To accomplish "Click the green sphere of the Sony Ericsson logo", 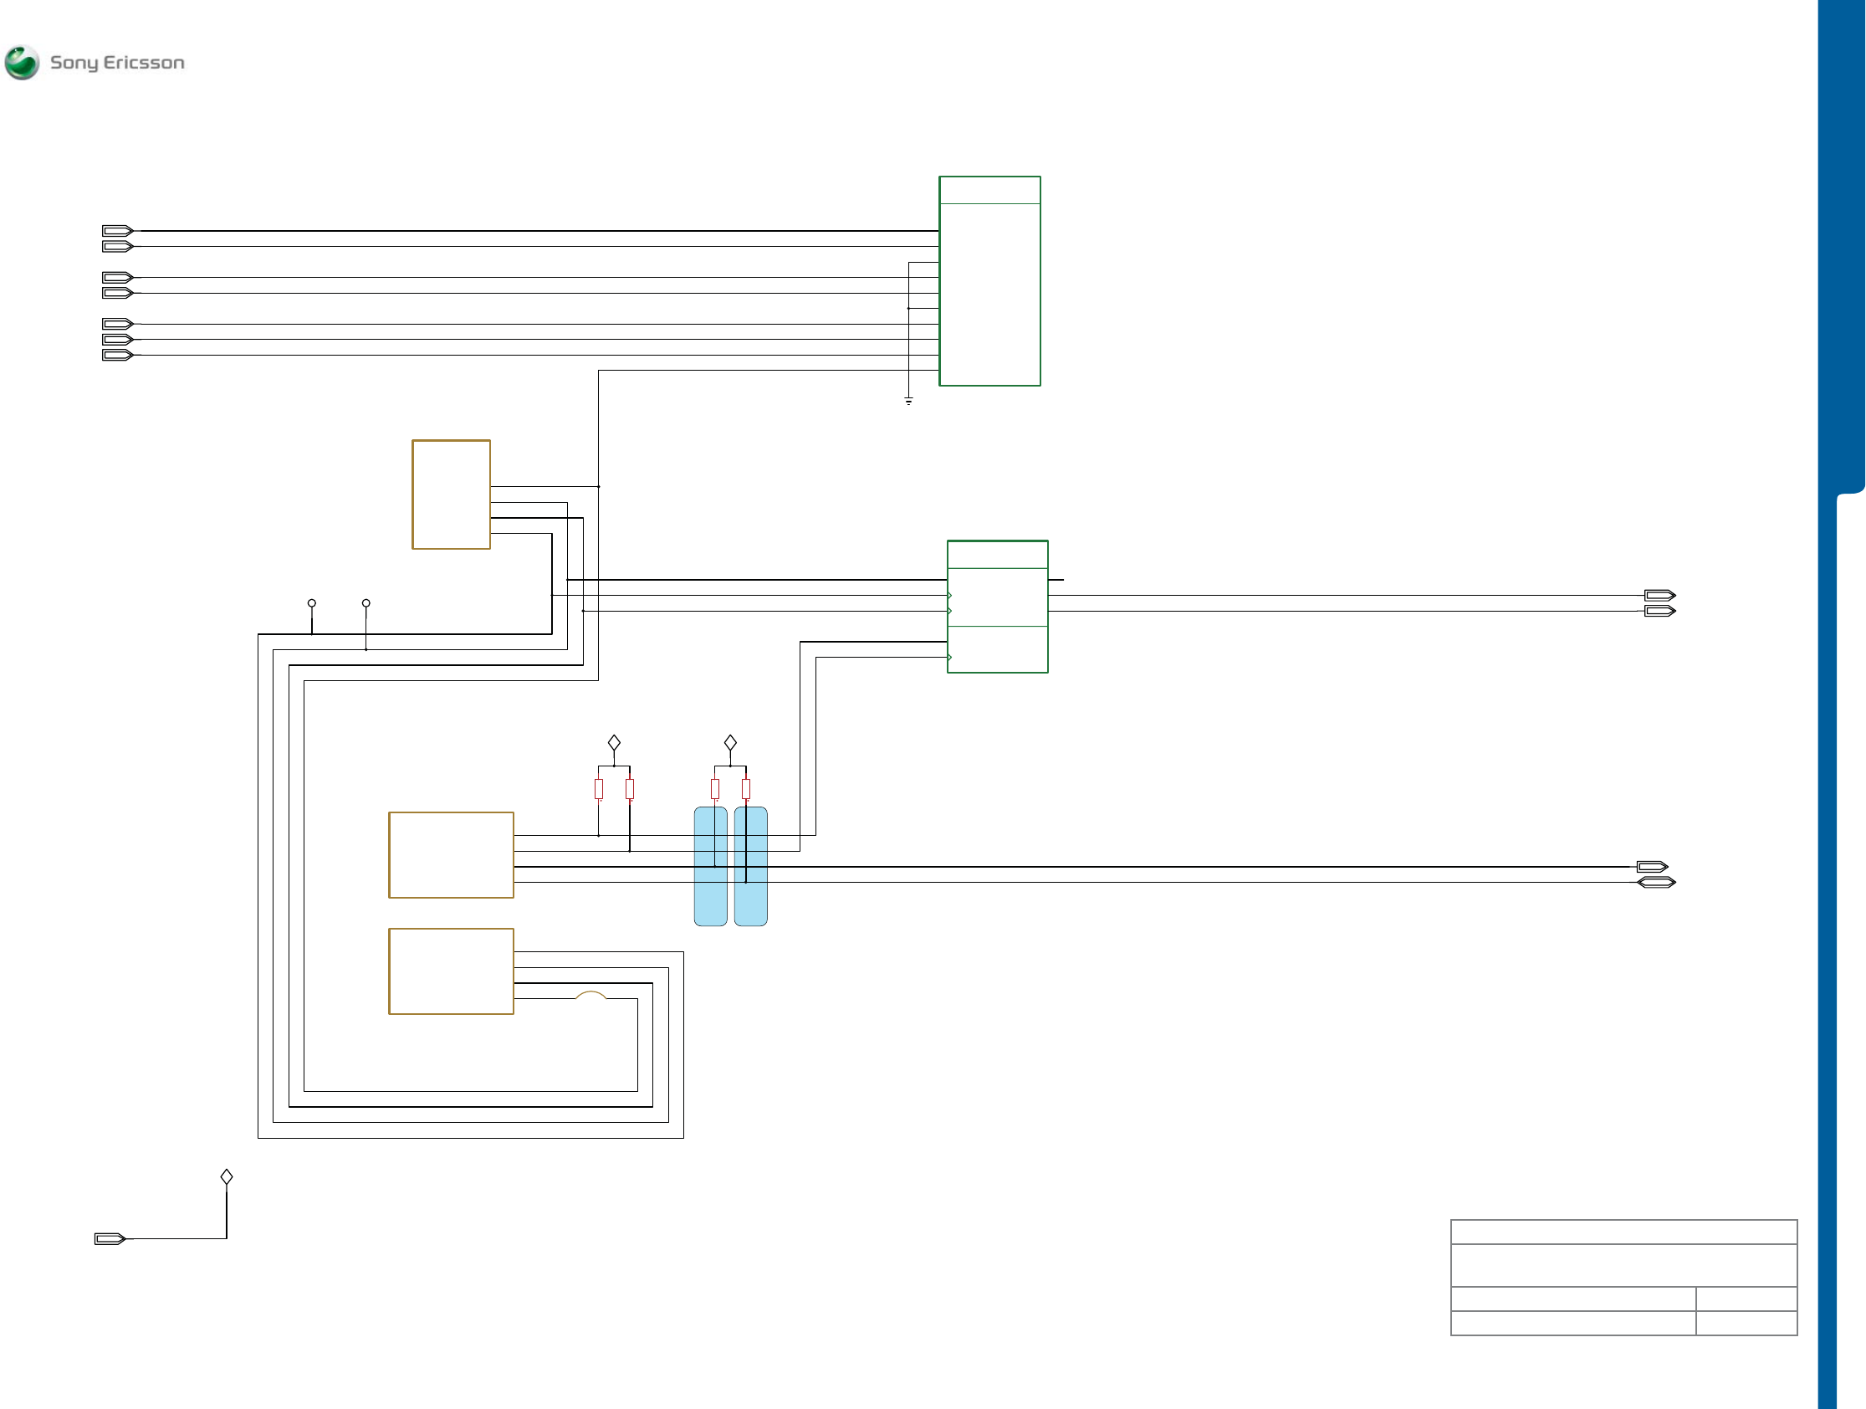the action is pyautogui.click(x=22, y=63).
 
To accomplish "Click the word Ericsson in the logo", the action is pyautogui.click(x=143, y=63).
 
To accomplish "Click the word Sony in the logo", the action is pyautogui.click(x=74, y=63).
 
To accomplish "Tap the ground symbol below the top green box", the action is pyautogui.click(x=908, y=401).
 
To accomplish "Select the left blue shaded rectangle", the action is pyautogui.click(x=710, y=867).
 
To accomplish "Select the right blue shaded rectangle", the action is pyautogui.click(x=751, y=867).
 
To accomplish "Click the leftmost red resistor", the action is pyautogui.click(x=599, y=789).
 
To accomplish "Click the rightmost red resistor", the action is pyautogui.click(x=746, y=789).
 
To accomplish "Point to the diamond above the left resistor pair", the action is pyautogui.click(x=614, y=742).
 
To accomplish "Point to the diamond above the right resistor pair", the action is pyautogui.click(x=730, y=742).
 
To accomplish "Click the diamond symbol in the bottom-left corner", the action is pyautogui.click(x=227, y=1176).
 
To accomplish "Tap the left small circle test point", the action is pyautogui.click(x=312, y=603).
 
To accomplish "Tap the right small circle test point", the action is pyautogui.click(x=366, y=603).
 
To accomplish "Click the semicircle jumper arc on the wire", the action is pyautogui.click(x=590, y=995).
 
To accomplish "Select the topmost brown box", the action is pyautogui.click(x=452, y=494).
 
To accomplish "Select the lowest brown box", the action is pyautogui.click(x=452, y=971).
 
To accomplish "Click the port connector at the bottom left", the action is pyautogui.click(x=110, y=1238).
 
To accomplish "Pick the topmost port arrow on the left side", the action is pyautogui.click(x=117, y=230).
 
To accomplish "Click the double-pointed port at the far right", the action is pyautogui.click(x=1656, y=883).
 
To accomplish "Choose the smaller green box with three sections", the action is pyautogui.click(x=997, y=607).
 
